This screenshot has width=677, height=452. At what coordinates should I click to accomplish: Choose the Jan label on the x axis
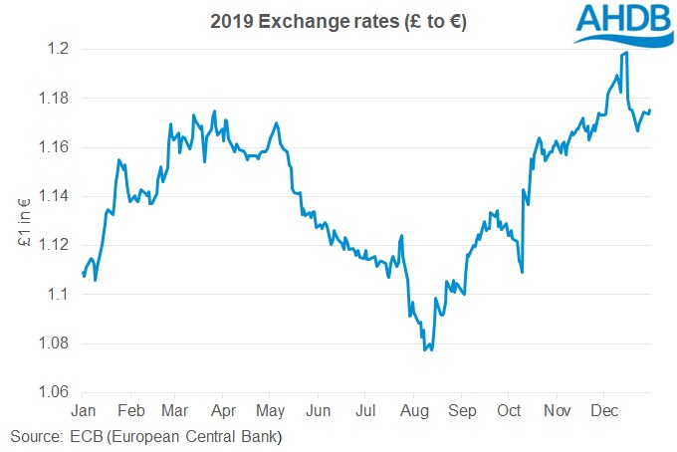(x=84, y=409)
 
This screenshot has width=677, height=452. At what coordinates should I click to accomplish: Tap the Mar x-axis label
(x=174, y=409)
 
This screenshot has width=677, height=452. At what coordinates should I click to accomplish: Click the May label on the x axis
(x=271, y=409)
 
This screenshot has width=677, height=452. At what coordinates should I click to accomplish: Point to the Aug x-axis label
(x=414, y=409)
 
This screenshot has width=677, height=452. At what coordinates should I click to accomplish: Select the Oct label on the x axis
(x=509, y=409)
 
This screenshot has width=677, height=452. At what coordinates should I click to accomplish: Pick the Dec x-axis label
(x=603, y=409)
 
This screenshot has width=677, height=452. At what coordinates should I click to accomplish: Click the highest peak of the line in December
(x=624, y=53)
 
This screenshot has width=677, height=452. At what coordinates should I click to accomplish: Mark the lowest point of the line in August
(x=426, y=350)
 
